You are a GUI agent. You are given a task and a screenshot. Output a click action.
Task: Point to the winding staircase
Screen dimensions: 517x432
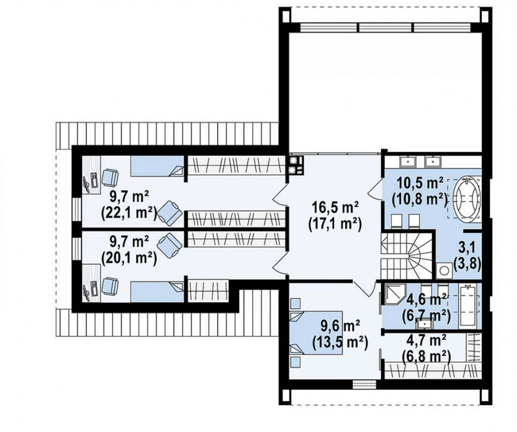click(x=407, y=255)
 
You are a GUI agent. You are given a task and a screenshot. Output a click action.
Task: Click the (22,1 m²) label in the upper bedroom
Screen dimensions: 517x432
click(x=128, y=214)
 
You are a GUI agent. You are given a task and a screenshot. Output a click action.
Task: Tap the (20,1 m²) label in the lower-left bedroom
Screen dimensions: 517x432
click(x=128, y=257)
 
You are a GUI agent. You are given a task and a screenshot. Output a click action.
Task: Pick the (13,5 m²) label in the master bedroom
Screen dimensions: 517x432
click(x=340, y=342)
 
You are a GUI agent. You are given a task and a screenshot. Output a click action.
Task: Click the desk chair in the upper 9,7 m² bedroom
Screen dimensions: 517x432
click(x=110, y=177)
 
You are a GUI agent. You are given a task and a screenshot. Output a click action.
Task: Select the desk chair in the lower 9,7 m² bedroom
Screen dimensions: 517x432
click(x=110, y=286)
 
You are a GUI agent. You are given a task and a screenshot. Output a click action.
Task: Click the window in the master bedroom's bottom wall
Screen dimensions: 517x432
click(x=365, y=385)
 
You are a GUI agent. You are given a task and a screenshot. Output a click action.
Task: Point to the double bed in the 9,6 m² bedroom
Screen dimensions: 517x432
click(x=316, y=332)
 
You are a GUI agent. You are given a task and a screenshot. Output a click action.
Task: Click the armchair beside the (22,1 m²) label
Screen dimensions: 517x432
click(x=169, y=213)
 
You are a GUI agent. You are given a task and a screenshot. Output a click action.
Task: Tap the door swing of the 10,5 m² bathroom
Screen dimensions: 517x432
click(x=374, y=191)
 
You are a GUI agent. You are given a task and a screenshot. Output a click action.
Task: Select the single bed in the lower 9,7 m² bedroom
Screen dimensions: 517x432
click(x=157, y=291)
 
